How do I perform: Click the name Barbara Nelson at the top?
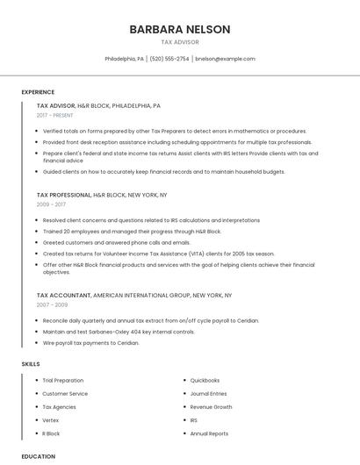(x=180, y=29)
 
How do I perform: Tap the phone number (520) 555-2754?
(x=169, y=59)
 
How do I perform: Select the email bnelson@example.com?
(x=226, y=59)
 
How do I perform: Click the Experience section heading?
(x=38, y=92)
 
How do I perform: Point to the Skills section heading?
(x=31, y=363)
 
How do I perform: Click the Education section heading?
(x=38, y=456)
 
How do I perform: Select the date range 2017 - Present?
(x=55, y=115)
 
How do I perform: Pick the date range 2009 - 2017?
(x=51, y=204)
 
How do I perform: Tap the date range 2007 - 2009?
(x=51, y=304)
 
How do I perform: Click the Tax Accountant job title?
(x=63, y=296)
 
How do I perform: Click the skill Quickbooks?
(x=205, y=380)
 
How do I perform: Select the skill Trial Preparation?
(x=63, y=380)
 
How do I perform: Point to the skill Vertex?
(x=51, y=420)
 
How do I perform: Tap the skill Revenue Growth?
(x=211, y=407)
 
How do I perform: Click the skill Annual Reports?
(x=209, y=433)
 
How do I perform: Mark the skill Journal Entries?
(x=208, y=394)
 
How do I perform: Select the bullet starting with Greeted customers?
(x=117, y=242)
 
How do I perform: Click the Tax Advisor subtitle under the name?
(x=180, y=42)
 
